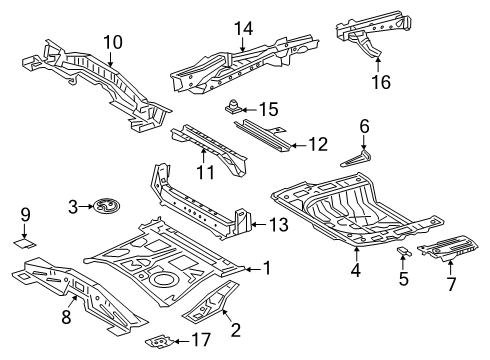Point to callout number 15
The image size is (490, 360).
(267, 108)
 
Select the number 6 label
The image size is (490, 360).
(365, 127)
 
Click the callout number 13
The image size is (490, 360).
(279, 225)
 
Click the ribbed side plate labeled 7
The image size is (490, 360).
(450, 250)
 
